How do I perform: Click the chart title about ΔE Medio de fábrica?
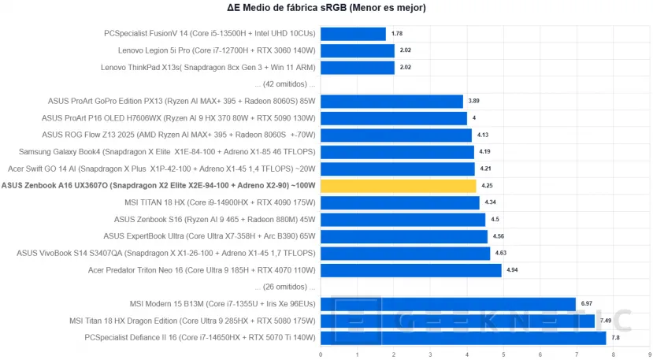[326, 9]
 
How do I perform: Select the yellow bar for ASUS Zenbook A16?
[398, 186]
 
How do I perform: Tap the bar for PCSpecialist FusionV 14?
[353, 34]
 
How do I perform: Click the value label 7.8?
[617, 338]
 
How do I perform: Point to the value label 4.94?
[512, 270]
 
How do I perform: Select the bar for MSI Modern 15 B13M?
[447, 304]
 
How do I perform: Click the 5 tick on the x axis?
[503, 354]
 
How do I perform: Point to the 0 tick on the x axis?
[321, 354]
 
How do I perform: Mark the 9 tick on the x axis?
[650, 354]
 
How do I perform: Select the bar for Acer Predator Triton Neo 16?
[410, 270]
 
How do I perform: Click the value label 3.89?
[473, 101]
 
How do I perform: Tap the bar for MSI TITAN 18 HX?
[399, 202]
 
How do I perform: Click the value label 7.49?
[607, 321]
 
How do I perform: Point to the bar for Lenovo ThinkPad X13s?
[358, 68]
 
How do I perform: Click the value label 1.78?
[397, 34]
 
